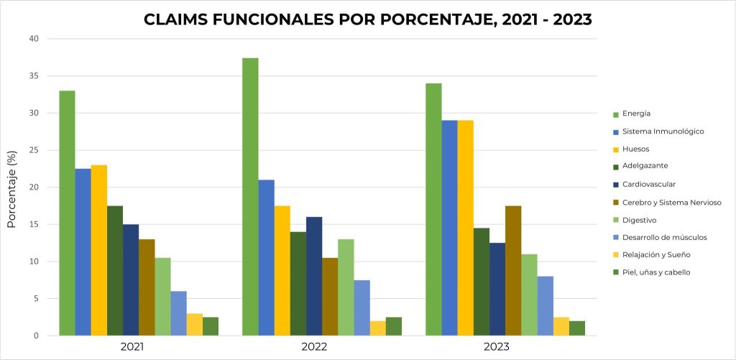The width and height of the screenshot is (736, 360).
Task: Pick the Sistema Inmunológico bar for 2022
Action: point(266,258)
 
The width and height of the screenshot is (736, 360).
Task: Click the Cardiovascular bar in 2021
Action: point(130,280)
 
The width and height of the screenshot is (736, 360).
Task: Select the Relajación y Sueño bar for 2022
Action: point(377,328)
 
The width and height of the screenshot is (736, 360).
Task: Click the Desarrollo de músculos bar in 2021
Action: point(178,313)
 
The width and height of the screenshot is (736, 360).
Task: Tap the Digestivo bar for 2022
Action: point(346,287)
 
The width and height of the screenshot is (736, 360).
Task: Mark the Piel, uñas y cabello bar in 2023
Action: point(576,328)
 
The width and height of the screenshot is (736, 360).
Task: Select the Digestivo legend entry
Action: point(639,220)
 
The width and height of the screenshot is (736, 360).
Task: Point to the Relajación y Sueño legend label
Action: point(656,255)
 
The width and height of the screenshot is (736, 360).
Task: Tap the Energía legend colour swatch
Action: point(615,114)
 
